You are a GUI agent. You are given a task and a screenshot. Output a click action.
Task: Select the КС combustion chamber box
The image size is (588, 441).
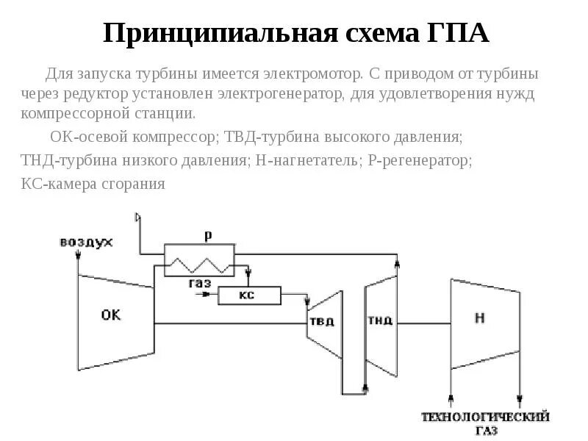[248, 295]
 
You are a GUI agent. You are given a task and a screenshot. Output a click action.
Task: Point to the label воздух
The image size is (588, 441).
[86, 241]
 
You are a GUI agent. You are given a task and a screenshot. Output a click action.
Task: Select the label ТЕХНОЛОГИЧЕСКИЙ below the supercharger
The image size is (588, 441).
[485, 417]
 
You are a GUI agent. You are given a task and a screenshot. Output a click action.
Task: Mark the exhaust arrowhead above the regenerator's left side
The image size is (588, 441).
[137, 216]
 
